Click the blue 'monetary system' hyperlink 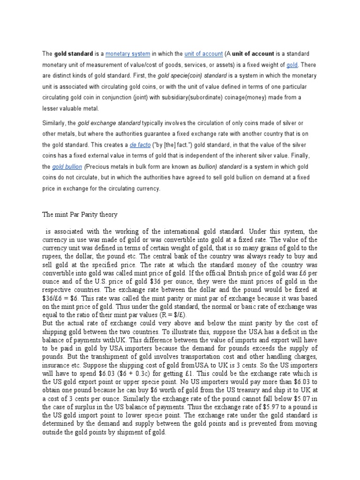point(126,54)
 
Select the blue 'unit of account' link point(203,54)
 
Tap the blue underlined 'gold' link point(292,65)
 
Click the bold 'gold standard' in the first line point(74,54)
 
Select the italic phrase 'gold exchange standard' point(109,123)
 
